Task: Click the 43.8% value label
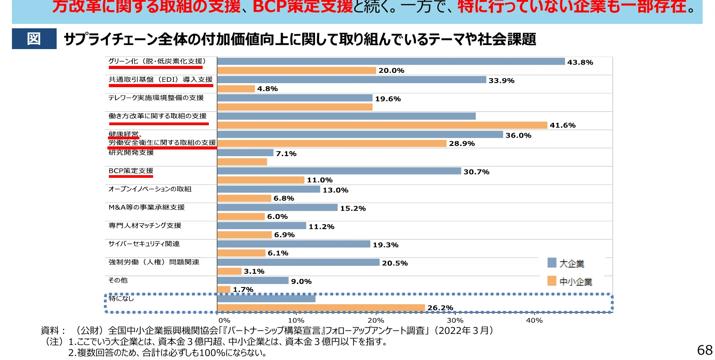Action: (x=580, y=62)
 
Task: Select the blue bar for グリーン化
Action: (x=391, y=61)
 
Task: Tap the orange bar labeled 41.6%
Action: (x=382, y=125)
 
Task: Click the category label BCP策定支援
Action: (x=131, y=171)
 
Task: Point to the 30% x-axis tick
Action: (x=455, y=320)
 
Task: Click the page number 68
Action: (x=704, y=350)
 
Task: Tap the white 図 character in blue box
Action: (x=34, y=39)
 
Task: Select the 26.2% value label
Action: (x=440, y=308)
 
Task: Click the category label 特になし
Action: (x=121, y=299)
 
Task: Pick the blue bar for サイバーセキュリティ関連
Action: (x=293, y=244)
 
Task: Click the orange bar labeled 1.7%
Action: (x=223, y=290)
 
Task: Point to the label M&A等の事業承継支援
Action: (x=147, y=207)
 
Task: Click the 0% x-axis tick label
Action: (x=224, y=320)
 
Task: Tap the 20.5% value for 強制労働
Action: (x=395, y=263)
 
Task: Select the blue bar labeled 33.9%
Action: (x=351, y=80)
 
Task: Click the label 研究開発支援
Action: (x=131, y=153)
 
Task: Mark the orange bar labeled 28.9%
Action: (x=331, y=143)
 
